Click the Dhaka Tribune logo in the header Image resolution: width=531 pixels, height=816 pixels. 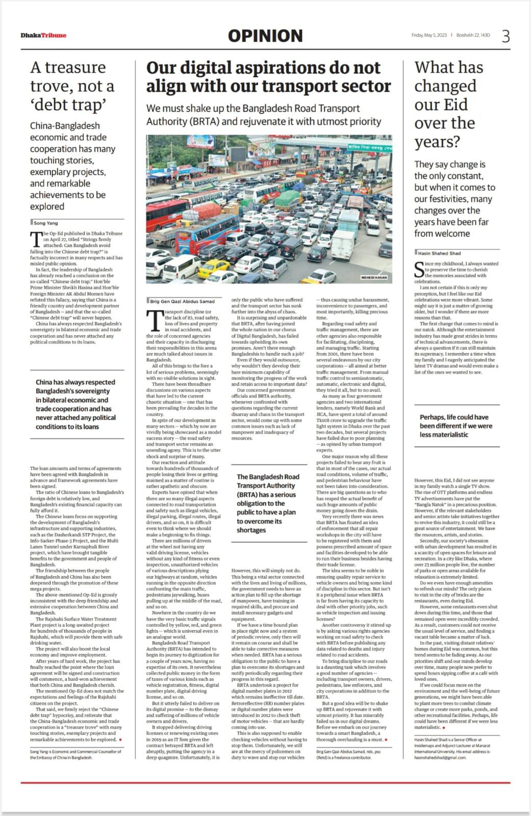(x=43, y=35)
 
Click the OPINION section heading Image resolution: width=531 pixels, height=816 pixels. (x=265, y=36)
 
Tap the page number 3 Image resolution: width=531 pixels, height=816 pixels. (x=505, y=36)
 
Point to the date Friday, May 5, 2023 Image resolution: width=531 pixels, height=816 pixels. (x=429, y=35)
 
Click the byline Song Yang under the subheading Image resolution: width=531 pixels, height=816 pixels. (x=46, y=223)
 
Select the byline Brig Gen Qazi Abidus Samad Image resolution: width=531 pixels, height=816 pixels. (x=183, y=301)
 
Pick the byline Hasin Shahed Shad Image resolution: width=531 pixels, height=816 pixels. (x=439, y=253)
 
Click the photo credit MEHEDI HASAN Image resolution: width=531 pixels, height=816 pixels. (x=374, y=277)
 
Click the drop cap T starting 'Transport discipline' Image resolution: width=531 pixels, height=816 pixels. (x=154, y=320)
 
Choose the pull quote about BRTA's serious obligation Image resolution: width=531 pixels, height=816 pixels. (x=268, y=503)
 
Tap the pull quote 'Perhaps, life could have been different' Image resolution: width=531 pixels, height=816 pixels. (x=456, y=426)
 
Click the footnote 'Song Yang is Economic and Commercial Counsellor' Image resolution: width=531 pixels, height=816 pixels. (x=76, y=754)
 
